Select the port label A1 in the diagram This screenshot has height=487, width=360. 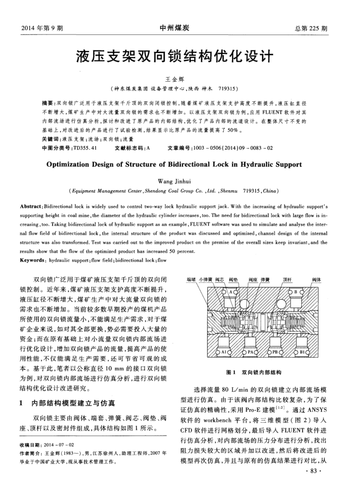coord(224,351)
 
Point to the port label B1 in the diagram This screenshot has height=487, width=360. coord(302,351)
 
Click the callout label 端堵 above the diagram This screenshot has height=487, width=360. coord(191,279)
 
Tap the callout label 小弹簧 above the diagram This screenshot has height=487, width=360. coord(206,279)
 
